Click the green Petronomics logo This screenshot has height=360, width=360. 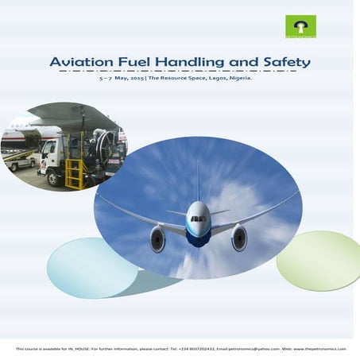[x=300, y=26]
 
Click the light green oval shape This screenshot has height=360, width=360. [x=318, y=258]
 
